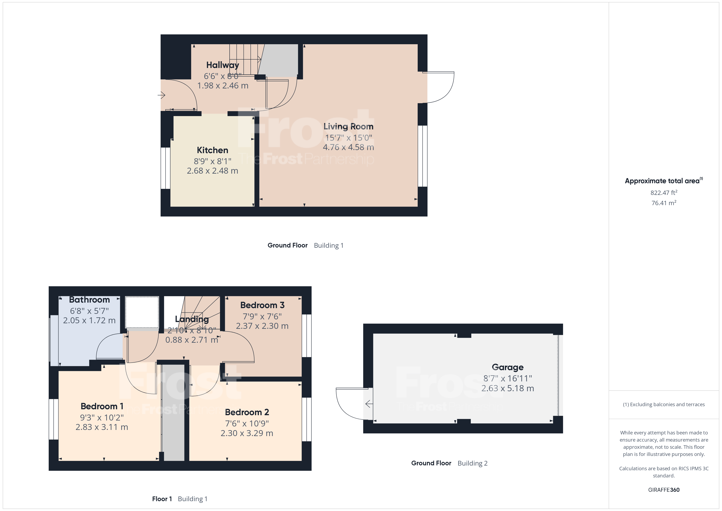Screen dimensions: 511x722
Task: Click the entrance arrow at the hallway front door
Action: pos(162,95)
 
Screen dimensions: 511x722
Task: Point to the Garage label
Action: pos(507,367)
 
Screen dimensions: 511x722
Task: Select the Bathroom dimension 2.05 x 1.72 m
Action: pos(89,321)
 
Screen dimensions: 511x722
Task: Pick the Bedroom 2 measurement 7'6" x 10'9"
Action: pos(247,424)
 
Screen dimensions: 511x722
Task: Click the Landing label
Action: pos(192,319)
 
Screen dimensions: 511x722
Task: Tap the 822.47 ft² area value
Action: pos(663,193)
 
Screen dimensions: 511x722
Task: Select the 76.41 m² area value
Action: pos(663,203)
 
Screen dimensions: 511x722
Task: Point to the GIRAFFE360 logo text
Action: pos(663,490)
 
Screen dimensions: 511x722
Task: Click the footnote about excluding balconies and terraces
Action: pos(663,405)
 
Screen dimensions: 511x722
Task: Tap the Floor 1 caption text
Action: pos(162,499)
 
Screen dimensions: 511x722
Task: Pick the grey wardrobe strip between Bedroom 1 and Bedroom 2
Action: pos(173,412)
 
